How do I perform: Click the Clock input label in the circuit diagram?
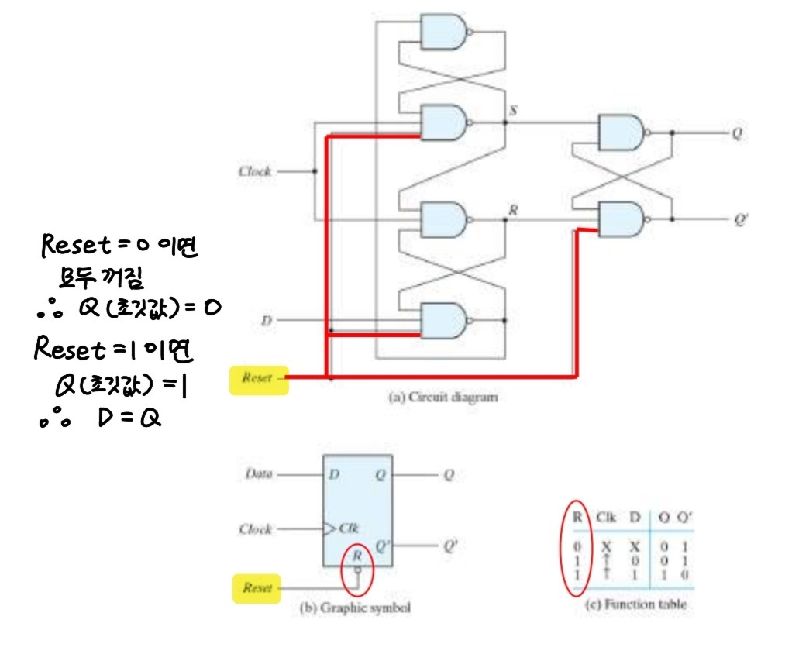pyautogui.click(x=254, y=171)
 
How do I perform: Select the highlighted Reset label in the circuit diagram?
pyautogui.click(x=258, y=378)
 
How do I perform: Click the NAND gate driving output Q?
pyautogui.click(x=622, y=133)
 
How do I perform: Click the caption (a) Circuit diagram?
pyautogui.click(x=442, y=398)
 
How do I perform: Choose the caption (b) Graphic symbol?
pyautogui.click(x=355, y=608)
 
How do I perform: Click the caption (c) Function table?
pyautogui.click(x=634, y=604)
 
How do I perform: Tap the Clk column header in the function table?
pyautogui.click(x=607, y=516)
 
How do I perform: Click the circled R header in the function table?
pyautogui.click(x=576, y=516)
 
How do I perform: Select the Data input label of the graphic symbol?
pyautogui.click(x=258, y=473)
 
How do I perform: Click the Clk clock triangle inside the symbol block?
pyautogui.click(x=332, y=529)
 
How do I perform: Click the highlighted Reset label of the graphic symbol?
pyautogui.click(x=257, y=588)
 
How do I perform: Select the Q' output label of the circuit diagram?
pyautogui.click(x=740, y=219)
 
